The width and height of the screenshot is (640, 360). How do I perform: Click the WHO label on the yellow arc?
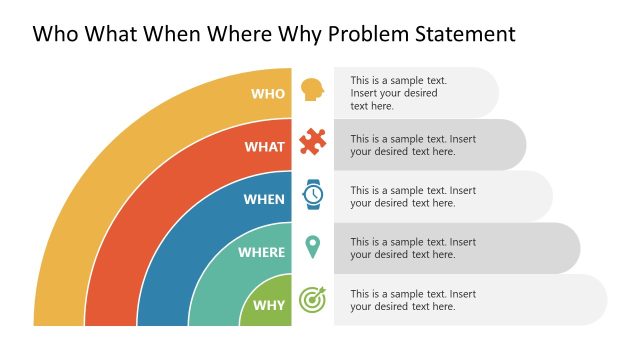(268, 93)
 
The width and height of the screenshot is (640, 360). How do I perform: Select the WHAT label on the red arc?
(265, 146)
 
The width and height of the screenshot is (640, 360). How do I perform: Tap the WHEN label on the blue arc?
(264, 199)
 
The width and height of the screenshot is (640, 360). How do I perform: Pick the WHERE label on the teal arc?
(261, 252)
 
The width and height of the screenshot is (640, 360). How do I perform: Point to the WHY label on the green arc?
(268, 305)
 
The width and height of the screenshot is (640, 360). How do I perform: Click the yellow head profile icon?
(312, 90)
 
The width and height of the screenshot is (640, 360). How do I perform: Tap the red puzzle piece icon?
(312, 142)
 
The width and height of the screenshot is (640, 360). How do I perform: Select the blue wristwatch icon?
(312, 194)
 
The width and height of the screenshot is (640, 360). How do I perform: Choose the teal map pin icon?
(312, 246)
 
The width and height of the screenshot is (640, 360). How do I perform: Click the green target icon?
(312, 299)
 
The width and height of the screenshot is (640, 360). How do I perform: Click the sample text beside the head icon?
(398, 93)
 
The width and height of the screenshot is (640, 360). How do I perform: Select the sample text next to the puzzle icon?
(412, 145)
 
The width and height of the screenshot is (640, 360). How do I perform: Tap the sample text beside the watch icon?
(412, 197)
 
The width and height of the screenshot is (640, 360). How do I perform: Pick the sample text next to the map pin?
(412, 248)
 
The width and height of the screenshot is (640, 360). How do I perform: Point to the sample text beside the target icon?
(412, 300)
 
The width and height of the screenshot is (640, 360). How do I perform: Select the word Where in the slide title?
(235, 34)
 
